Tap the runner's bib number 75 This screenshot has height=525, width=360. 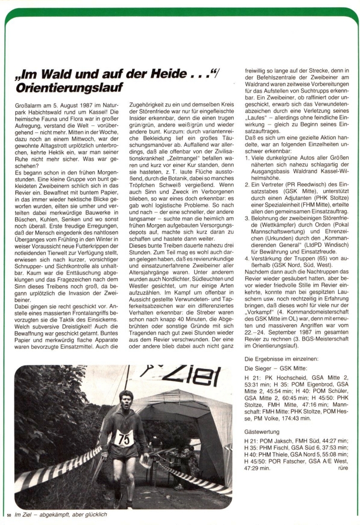[x=124, y=438]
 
